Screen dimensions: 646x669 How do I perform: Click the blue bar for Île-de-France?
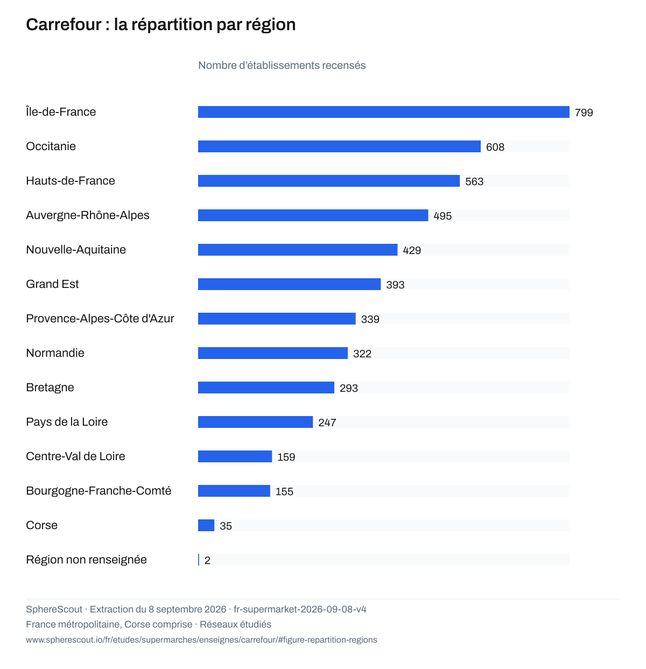[x=383, y=112]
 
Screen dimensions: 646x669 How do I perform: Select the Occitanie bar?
[x=339, y=146]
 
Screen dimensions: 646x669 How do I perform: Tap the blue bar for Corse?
[x=206, y=525]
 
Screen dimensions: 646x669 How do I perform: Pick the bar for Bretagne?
[x=266, y=387]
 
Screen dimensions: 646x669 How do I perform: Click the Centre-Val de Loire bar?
[x=235, y=456]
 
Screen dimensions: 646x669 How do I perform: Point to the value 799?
[x=584, y=112]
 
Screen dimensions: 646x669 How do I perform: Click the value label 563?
[x=474, y=181]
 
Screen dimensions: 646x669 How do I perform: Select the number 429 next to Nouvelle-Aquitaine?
[x=411, y=250]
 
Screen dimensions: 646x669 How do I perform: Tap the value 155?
[x=284, y=491]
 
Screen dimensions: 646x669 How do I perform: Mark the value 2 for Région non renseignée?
[x=207, y=560]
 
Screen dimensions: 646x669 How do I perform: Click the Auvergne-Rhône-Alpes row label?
[x=88, y=215]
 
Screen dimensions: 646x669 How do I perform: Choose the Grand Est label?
[x=52, y=284]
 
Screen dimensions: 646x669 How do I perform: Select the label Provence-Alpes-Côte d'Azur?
[x=100, y=318]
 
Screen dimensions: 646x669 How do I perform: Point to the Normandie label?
[x=55, y=353]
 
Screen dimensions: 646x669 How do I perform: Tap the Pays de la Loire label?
[x=67, y=421]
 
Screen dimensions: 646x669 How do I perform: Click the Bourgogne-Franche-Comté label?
[x=99, y=490]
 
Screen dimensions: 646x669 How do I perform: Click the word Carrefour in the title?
[x=64, y=24]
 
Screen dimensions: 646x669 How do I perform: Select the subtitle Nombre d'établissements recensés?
[x=282, y=65]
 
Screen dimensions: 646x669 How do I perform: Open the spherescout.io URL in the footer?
[x=201, y=639]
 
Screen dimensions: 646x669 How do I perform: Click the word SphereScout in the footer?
[x=54, y=609]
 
